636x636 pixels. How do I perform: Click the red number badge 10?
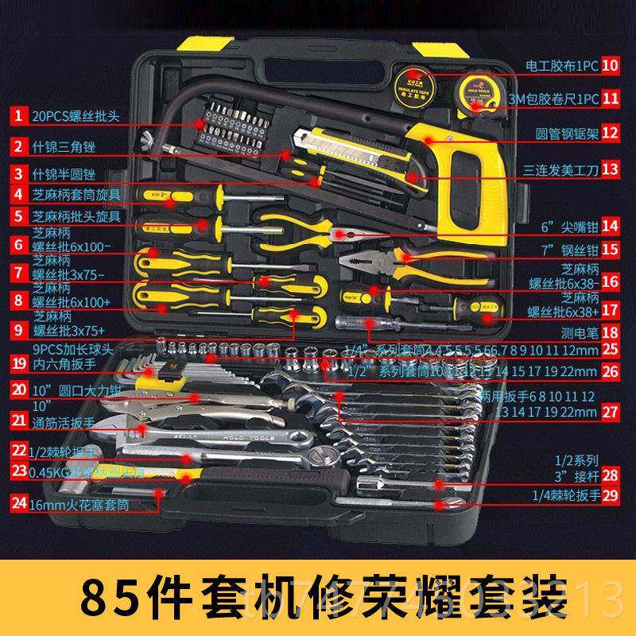(x=610, y=65)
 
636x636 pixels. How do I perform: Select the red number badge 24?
(x=17, y=503)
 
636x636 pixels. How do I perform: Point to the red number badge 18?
(x=610, y=334)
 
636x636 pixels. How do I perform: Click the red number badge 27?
(x=610, y=411)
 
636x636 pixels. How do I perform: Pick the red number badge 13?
(x=610, y=169)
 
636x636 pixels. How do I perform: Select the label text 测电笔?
(x=575, y=335)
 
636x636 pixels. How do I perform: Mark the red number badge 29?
(x=610, y=494)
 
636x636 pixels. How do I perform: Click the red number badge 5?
(x=17, y=215)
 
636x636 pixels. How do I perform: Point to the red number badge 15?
(x=610, y=249)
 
